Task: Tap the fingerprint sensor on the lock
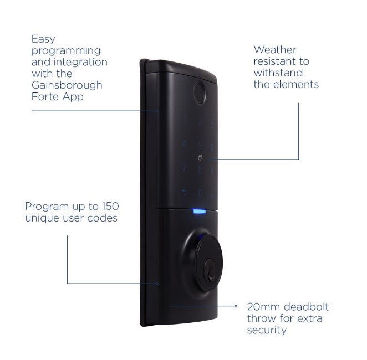(x=200, y=94)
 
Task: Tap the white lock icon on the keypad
(x=200, y=157)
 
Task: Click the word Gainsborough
(x=67, y=86)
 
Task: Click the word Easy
(x=44, y=39)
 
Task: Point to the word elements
(x=299, y=85)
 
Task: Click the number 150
(x=109, y=207)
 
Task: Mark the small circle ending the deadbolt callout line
(x=236, y=306)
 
